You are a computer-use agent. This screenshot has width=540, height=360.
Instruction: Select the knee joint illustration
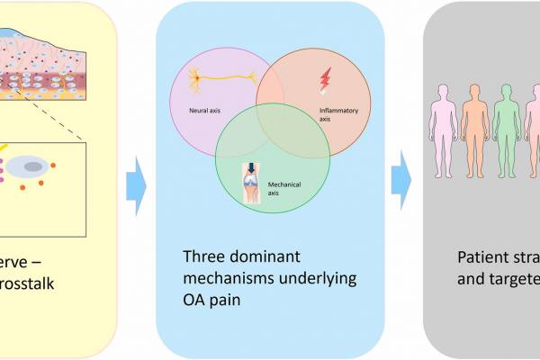[251, 187]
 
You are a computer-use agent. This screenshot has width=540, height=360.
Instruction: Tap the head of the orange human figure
[474, 92]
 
